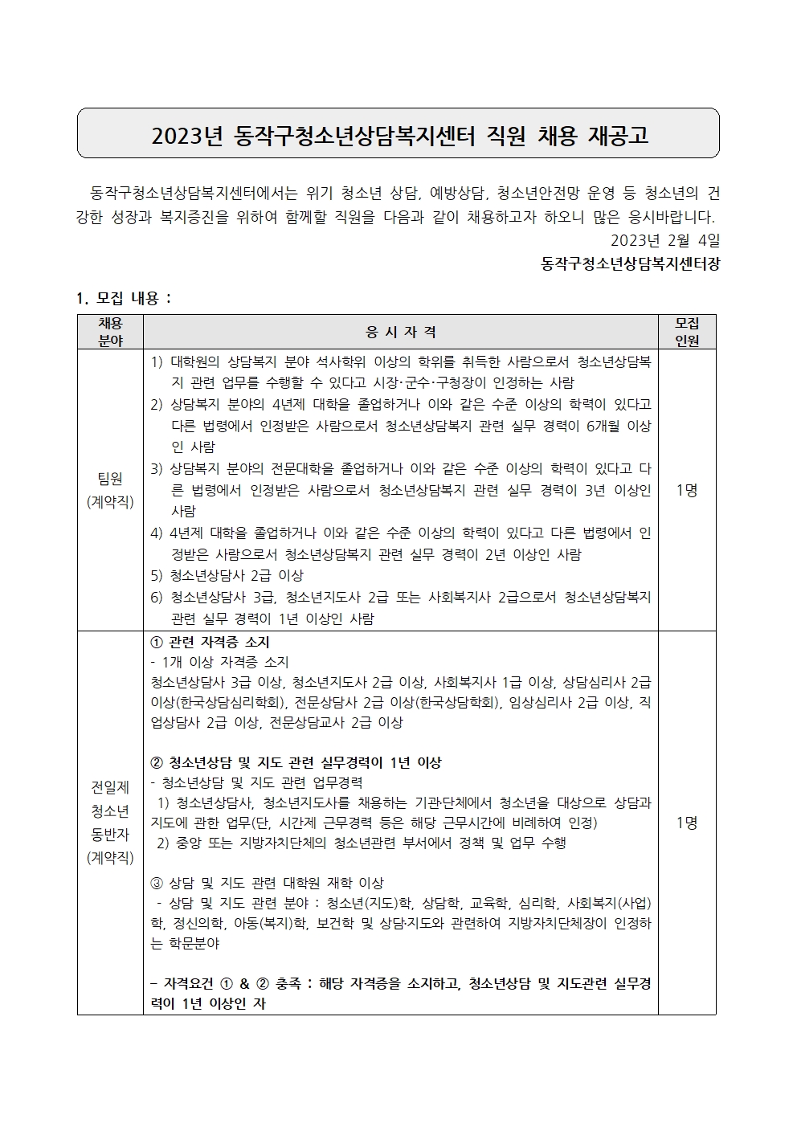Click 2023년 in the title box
point(186,135)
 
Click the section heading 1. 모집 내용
point(125,298)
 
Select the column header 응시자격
point(400,332)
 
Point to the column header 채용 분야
point(110,332)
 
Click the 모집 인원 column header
point(687,332)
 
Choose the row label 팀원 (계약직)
point(110,490)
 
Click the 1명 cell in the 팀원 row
point(687,490)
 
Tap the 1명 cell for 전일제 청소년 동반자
point(687,822)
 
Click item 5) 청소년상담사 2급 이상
point(227,575)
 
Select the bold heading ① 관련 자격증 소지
point(210,642)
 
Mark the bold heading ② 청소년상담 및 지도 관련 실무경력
point(296,762)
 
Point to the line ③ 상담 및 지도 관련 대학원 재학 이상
point(268,883)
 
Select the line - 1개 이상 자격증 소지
point(219,662)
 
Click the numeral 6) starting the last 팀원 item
point(157,597)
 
